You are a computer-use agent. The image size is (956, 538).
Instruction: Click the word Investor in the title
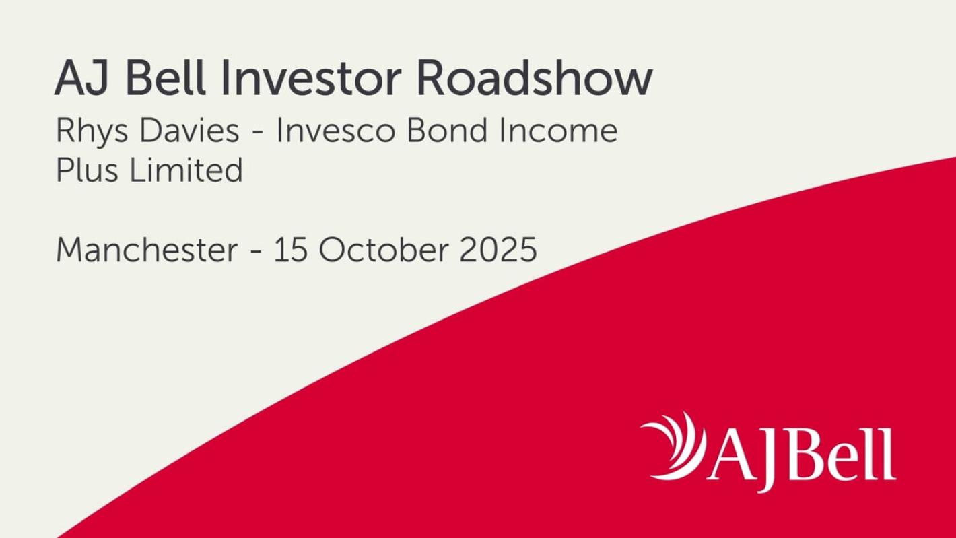coord(311,79)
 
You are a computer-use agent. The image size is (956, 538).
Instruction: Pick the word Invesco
coord(336,131)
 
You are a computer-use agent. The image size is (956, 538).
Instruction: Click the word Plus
coord(87,170)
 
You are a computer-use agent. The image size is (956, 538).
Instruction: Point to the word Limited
coord(186,170)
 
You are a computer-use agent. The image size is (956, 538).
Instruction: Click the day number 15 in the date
coord(291,250)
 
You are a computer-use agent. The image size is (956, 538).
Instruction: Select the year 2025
coord(498,250)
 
